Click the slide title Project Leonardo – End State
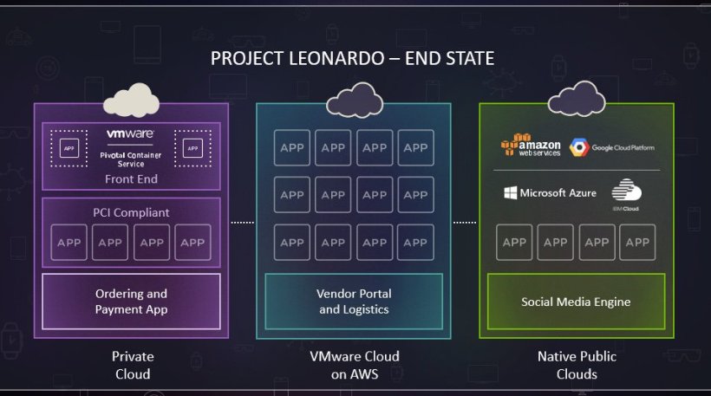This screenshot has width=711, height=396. [353, 59]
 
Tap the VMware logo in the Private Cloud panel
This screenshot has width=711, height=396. [130, 133]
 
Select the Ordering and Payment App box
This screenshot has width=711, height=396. [131, 301]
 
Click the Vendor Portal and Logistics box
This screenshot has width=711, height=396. [353, 302]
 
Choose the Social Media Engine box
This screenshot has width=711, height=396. [576, 302]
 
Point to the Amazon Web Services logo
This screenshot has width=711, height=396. [531, 146]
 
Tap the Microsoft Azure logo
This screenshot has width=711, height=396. [551, 192]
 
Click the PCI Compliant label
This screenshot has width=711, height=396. [131, 212]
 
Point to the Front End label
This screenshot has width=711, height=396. [131, 179]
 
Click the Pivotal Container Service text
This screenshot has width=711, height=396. [131, 157]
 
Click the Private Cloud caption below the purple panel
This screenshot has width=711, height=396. [131, 365]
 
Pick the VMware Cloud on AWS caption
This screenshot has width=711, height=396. [355, 365]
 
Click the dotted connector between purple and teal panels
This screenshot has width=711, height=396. [243, 223]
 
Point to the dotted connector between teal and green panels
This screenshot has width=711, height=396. [465, 223]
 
